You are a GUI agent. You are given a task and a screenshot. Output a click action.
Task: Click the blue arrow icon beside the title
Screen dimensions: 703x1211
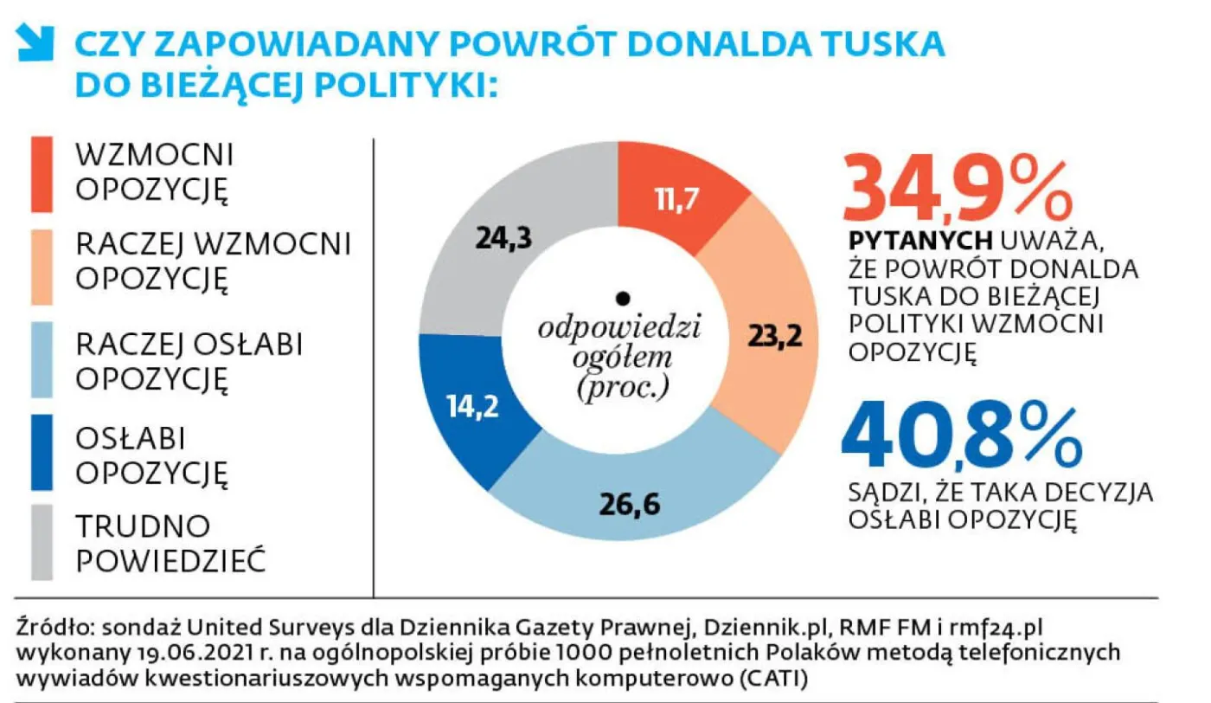[35, 42]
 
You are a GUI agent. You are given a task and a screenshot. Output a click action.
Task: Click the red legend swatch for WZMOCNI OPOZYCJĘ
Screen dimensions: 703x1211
[42, 174]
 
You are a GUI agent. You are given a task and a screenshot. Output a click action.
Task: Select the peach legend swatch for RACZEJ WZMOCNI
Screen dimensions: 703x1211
[42, 267]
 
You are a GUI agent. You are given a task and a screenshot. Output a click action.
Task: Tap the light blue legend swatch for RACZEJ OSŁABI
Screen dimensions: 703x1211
[42, 360]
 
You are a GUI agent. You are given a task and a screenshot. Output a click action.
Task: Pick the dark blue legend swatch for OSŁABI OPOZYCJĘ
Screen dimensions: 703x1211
[42, 453]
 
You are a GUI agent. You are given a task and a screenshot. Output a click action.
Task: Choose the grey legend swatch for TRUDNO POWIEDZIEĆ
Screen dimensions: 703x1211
[42, 543]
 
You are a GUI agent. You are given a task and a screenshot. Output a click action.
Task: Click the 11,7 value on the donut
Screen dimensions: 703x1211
[676, 201]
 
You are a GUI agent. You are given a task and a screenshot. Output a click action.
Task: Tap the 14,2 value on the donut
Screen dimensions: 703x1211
[472, 406]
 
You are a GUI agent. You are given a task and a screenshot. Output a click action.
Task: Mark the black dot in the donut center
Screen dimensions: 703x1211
[621, 299]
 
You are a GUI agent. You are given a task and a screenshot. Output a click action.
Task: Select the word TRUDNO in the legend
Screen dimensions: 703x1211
[143, 526]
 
